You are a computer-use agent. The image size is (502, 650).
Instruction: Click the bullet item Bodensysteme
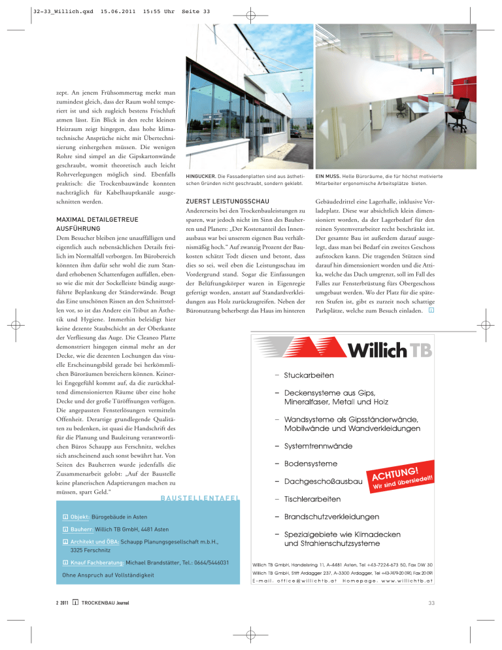(310, 464)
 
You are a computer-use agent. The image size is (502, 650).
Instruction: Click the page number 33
(430, 620)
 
